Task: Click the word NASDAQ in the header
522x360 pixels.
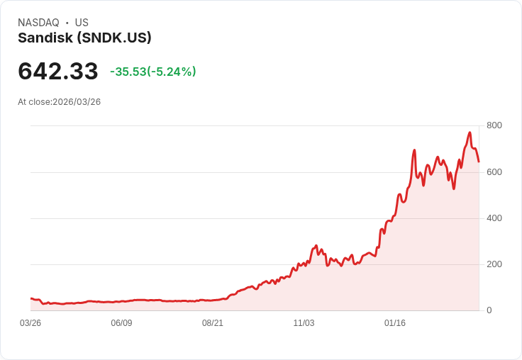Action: point(38,23)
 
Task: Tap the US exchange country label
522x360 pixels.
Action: point(82,23)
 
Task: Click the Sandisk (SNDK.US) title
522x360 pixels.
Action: point(84,38)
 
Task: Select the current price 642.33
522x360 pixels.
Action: point(58,71)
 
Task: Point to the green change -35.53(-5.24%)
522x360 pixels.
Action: point(153,72)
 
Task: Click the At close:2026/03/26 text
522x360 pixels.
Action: point(60,102)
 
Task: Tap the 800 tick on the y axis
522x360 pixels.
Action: point(494,125)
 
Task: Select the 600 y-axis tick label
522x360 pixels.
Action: point(494,171)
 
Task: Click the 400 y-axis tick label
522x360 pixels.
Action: point(494,218)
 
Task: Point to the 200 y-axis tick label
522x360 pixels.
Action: point(494,264)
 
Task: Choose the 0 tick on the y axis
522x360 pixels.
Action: point(489,310)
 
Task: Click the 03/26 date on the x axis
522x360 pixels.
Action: point(30,323)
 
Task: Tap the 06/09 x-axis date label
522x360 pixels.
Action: point(121,323)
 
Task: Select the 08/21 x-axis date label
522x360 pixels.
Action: point(213,323)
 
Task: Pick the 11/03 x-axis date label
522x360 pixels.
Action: point(304,323)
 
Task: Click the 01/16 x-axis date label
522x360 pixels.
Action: point(395,323)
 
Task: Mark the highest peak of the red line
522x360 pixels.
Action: point(470,133)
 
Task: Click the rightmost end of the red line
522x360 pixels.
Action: point(479,162)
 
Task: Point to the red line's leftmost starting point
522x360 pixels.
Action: point(30,298)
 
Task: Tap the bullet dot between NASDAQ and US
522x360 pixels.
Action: point(67,23)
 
